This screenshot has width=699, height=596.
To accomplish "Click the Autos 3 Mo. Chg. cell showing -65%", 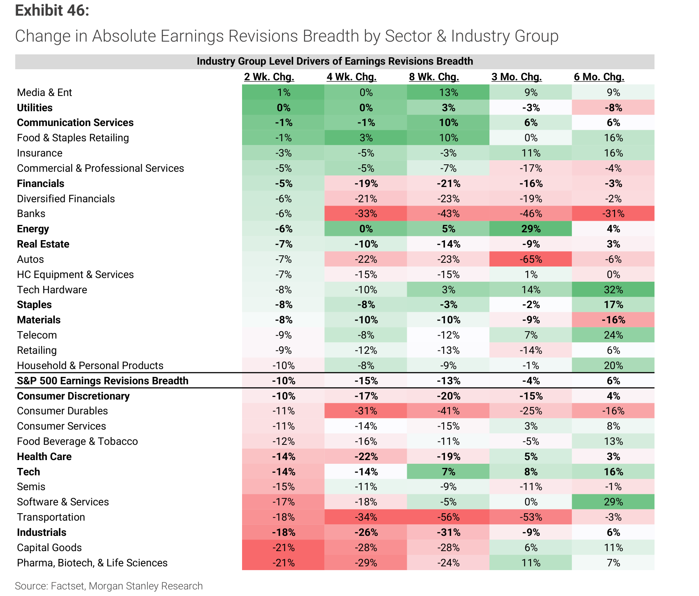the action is tap(531, 259).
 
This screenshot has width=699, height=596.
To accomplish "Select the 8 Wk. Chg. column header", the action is tap(434, 77).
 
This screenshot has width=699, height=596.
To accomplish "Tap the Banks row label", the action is tap(31, 214).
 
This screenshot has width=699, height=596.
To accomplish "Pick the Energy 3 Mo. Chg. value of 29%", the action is tap(531, 229).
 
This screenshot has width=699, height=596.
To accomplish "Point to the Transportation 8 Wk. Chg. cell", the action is tap(448, 517).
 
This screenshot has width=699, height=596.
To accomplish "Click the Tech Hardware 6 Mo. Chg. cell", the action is tap(613, 290).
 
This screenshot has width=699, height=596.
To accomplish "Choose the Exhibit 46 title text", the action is tap(52, 10).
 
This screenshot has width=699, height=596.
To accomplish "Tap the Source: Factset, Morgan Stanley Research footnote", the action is tap(109, 586).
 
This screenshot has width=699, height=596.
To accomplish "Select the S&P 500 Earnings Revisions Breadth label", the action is tap(103, 381).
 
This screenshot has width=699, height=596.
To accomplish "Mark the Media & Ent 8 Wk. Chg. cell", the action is tap(448, 92).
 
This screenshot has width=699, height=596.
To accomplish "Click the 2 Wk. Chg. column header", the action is tap(269, 77).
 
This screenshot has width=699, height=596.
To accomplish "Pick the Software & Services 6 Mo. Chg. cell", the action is tap(613, 502).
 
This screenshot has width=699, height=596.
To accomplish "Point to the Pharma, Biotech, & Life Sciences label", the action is tap(92, 563).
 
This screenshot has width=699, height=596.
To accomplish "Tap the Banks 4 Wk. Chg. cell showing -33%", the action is tap(366, 214).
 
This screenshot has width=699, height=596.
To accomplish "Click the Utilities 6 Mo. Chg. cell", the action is tap(613, 108).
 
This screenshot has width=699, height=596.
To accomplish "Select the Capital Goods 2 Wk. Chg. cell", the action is tap(284, 548).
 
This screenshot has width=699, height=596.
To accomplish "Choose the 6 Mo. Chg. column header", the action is tap(599, 77).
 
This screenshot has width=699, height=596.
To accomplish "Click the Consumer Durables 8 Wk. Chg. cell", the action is tap(448, 411).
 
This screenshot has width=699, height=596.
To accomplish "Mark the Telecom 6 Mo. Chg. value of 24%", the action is tap(613, 335).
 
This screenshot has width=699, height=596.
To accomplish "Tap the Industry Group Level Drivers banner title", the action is tap(335, 61).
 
